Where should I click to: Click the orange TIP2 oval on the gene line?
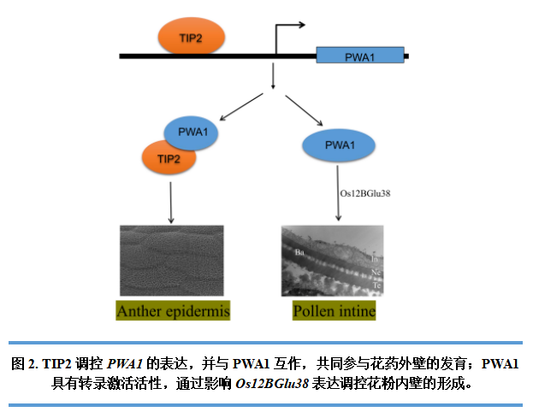pyautogui.click(x=191, y=38)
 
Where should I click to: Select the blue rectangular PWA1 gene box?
pyautogui.click(x=359, y=56)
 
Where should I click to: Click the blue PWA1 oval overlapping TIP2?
pyautogui.click(x=192, y=133)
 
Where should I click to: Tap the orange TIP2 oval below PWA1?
pyautogui.click(x=169, y=159)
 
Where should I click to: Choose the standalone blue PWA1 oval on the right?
pyautogui.click(x=340, y=144)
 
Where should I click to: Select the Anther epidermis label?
pyautogui.click(x=174, y=310)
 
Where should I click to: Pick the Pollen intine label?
pyautogui.click(x=334, y=310)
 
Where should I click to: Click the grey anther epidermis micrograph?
pyautogui.click(x=171, y=260)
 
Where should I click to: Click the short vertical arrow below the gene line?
pyautogui.click(x=272, y=77)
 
